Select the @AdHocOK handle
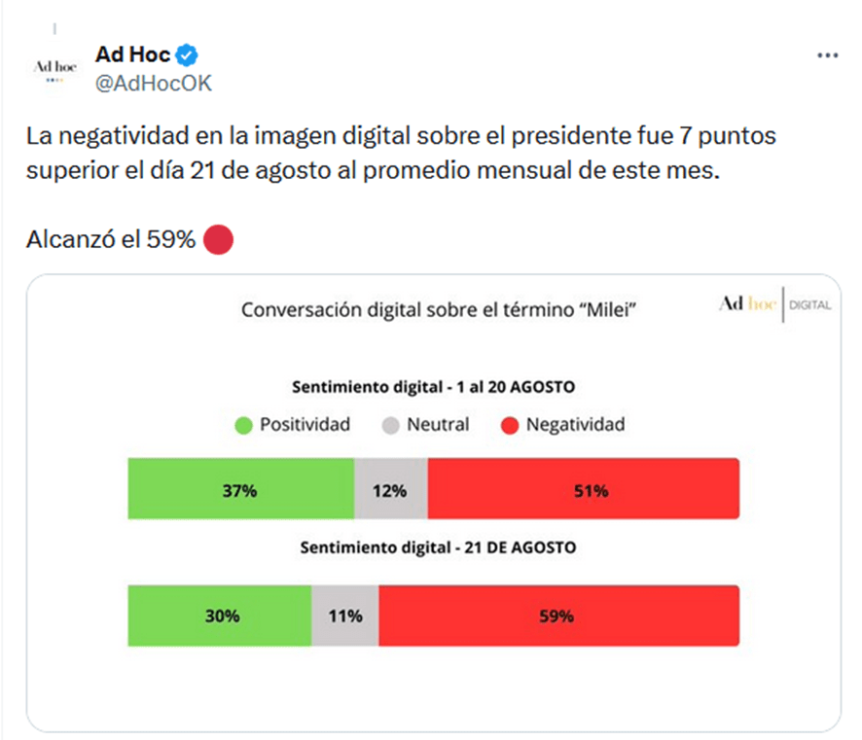pyautogui.click(x=153, y=84)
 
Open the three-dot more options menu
pyautogui.click(x=827, y=55)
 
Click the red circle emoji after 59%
pyautogui.click(x=219, y=239)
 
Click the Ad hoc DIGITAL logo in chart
pyautogui.click(x=774, y=304)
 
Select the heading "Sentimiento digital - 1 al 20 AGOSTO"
pyautogui.click(x=434, y=387)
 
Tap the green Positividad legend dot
pyautogui.click(x=243, y=425)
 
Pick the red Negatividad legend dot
pyautogui.click(x=509, y=425)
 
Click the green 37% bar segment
pyautogui.click(x=240, y=490)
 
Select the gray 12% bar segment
pyautogui.click(x=390, y=490)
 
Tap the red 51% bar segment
pyautogui.click(x=583, y=490)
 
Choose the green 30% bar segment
pyautogui.click(x=220, y=616)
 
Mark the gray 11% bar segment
pyautogui.click(x=345, y=616)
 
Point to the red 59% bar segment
pyautogui.click(x=558, y=616)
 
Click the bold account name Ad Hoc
pyautogui.click(x=133, y=54)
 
